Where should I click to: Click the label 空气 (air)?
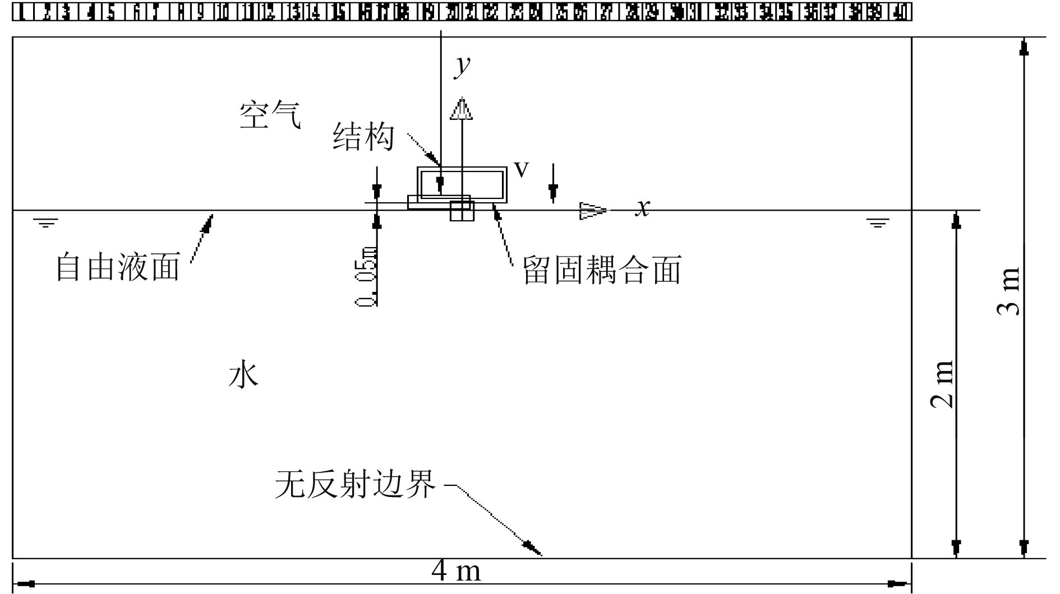point(270,115)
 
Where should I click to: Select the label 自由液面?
point(118,267)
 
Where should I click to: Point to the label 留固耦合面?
point(602,270)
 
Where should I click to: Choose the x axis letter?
point(643,208)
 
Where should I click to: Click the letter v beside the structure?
point(522,169)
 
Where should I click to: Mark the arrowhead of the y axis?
point(461,109)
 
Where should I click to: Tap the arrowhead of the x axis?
point(593,211)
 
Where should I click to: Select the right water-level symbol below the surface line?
point(878,224)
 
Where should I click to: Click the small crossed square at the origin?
point(462,211)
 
